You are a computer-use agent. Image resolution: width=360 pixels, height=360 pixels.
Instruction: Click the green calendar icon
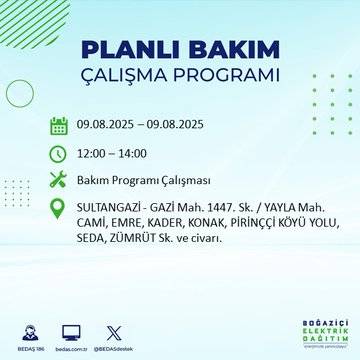click(x=58, y=126)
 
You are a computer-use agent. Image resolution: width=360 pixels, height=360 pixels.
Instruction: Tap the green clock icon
click(x=58, y=153)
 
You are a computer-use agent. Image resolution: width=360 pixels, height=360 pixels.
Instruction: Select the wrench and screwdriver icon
click(x=58, y=180)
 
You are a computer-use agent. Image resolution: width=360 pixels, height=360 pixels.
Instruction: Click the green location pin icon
click(x=58, y=208)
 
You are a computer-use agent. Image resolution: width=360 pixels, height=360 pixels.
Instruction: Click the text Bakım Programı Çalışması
click(x=141, y=180)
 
